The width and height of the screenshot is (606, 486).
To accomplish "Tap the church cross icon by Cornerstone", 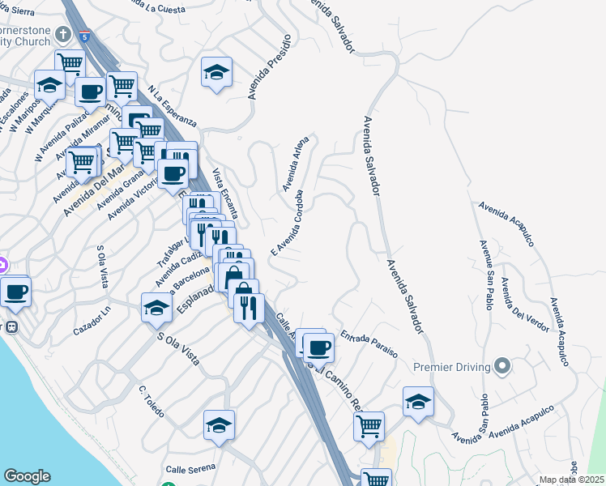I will (x=64, y=34).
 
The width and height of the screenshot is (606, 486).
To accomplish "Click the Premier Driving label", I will (x=453, y=367).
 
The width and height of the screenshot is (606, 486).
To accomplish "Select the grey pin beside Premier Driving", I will (x=502, y=367).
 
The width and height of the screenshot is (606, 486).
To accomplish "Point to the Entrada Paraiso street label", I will (x=369, y=343).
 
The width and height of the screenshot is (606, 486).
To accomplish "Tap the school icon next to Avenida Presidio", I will (x=216, y=73).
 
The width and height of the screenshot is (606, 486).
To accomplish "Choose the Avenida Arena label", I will (x=296, y=163).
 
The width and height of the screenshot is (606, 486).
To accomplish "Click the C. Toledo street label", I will (x=151, y=401).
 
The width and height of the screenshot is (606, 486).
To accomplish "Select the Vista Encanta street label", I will (x=225, y=194).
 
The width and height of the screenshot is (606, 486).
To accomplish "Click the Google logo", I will (x=27, y=476).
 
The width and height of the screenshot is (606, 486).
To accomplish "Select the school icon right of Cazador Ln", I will (x=156, y=308).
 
